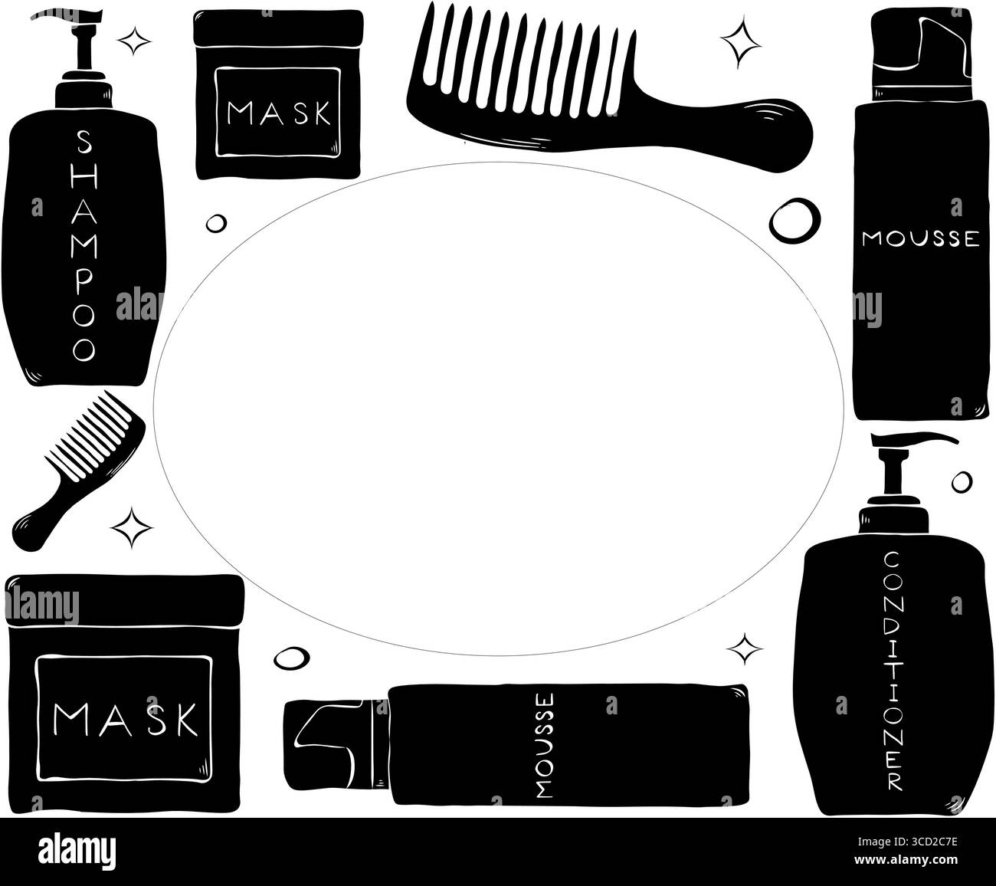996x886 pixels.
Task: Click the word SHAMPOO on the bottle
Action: click(84, 245)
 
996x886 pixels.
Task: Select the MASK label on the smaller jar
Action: click(280, 115)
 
